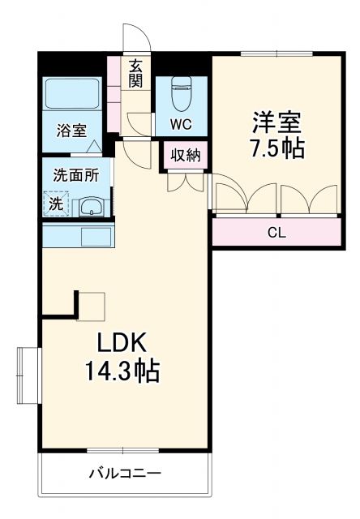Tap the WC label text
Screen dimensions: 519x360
click(x=180, y=124)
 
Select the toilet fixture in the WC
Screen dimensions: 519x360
click(x=181, y=93)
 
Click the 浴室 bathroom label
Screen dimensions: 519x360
click(x=71, y=131)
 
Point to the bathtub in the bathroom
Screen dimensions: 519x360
click(x=71, y=96)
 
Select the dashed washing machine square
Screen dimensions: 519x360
click(x=57, y=204)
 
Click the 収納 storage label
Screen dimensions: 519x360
click(x=186, y=155)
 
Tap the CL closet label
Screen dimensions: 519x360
click(x=276, y=233)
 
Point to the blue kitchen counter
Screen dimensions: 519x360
click(x=78, y=236)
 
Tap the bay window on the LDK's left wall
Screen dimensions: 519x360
click(x=28, y=375)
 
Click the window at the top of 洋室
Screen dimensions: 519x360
click(x=276, y=54)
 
